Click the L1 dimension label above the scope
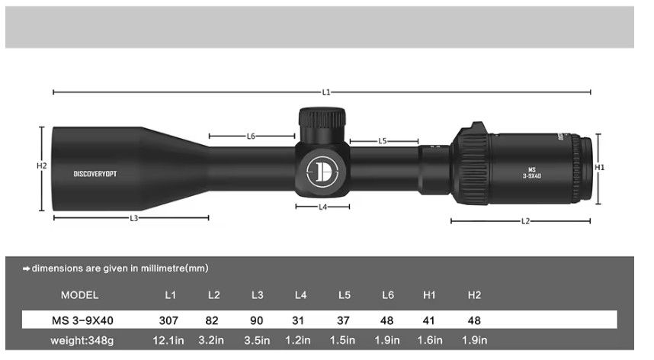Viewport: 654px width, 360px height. point(326,92)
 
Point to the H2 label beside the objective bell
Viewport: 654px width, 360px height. point(42,166)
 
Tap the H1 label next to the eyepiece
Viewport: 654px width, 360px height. point(600,167)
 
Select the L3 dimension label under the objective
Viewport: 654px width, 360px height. point(133,218)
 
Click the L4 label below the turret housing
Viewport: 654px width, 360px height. point(322,207)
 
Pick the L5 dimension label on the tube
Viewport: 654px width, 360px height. point(383,141)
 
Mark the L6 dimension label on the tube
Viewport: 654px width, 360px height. point(251,137)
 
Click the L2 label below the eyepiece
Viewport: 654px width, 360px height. point(525,221)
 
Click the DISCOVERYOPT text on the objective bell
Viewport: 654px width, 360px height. point(95,174)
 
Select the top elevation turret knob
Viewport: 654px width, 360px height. point(322,120)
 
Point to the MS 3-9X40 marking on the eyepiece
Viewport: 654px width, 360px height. point(531,173)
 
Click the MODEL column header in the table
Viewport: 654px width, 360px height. point(79,295)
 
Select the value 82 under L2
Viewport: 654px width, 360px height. point(213,320)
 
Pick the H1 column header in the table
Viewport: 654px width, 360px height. point(431,295)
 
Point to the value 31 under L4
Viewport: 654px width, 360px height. point(300,320)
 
